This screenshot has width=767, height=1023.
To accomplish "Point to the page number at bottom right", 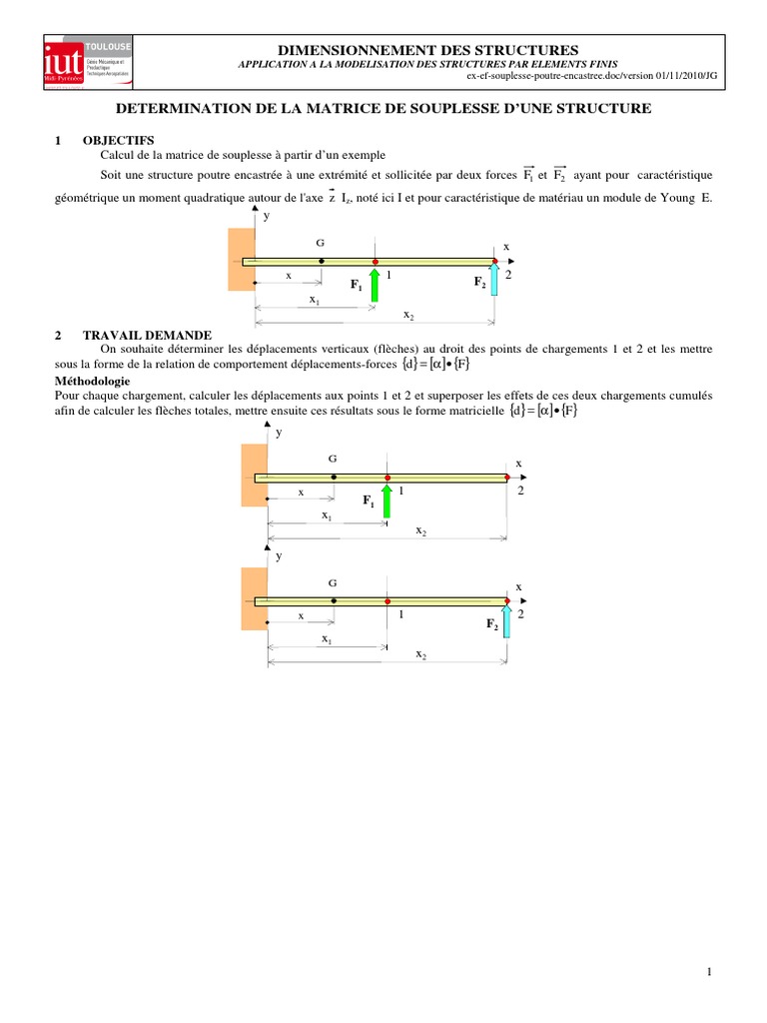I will (708, 972).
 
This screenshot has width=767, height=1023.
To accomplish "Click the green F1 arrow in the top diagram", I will (375, 285).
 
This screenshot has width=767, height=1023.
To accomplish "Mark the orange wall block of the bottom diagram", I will (255, 598).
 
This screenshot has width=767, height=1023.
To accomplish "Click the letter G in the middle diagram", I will (333, 459).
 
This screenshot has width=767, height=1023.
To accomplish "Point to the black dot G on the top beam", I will (321, 262).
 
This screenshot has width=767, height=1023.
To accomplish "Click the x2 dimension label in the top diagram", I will (408, 315).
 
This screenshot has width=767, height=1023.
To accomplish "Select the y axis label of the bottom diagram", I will (279, 555).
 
